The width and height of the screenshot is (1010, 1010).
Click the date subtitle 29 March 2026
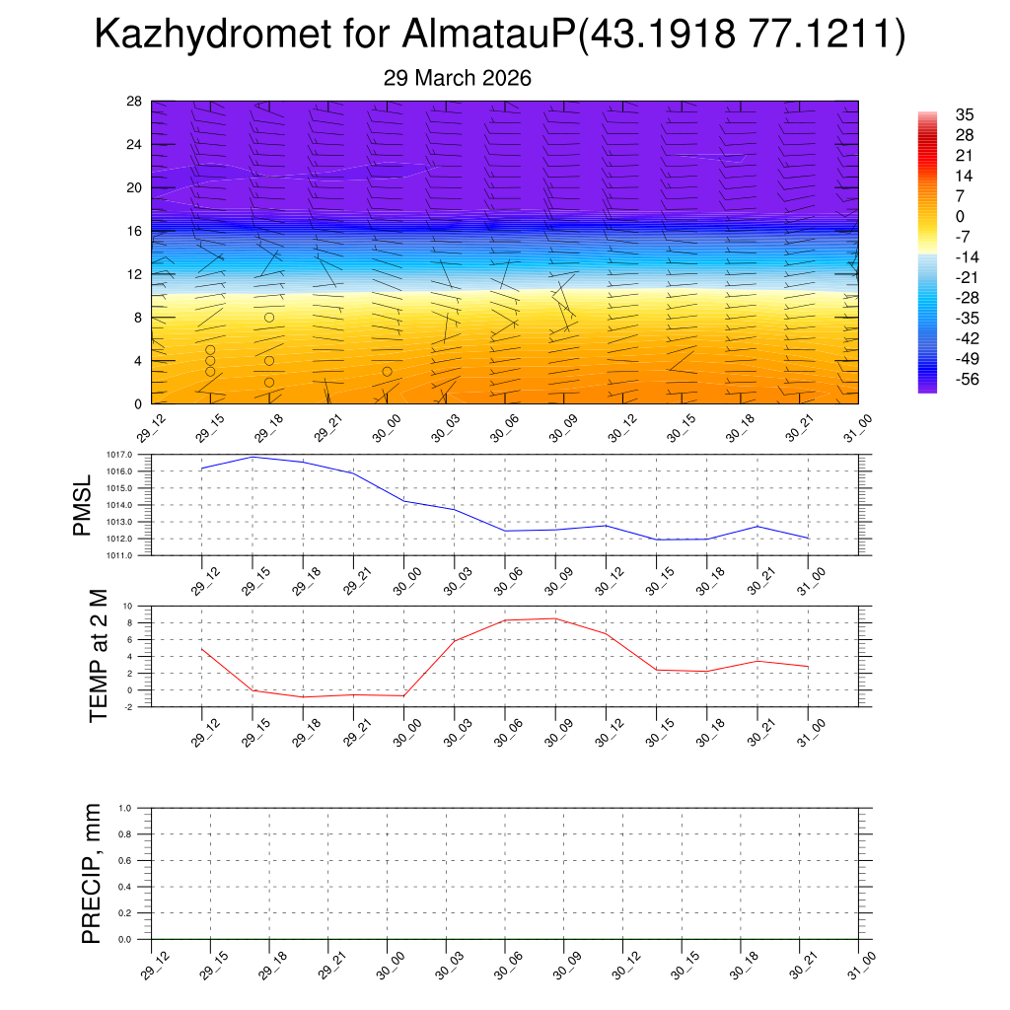tap(457, 78)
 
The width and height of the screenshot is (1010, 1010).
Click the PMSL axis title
tap(82, 505)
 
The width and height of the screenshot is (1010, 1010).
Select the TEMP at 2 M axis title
tap(98, 656)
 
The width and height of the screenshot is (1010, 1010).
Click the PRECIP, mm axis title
tap(91, 873)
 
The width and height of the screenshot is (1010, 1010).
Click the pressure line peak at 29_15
tap(252, 457)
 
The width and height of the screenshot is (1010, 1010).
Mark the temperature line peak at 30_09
tap(555, 618)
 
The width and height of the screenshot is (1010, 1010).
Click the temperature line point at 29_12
tap(202, 648)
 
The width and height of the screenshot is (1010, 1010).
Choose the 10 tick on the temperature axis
tap(128, 606)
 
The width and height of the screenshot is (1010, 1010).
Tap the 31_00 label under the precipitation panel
tap(864, 965)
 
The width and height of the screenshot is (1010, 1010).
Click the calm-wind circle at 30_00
tap(388, 372)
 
